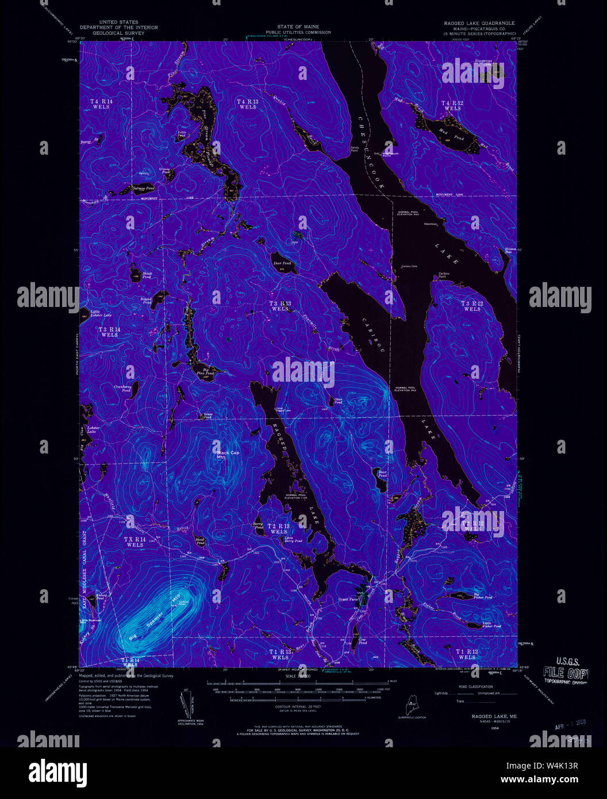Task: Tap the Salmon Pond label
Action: tap(143, 188)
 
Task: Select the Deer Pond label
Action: tap(282, 263)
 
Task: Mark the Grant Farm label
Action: tap(348, 599)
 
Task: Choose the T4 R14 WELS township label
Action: tap(101, 104)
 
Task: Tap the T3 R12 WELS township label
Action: tap(471, 306)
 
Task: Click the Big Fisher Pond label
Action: tap(482, 597)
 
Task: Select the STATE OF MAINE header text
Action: tap(295, 27)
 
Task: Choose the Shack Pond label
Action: tap(147, 275)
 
